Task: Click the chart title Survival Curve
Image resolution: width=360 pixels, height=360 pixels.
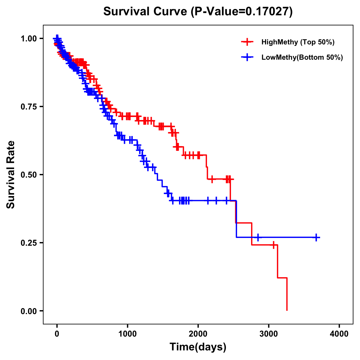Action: [x=198, y=11]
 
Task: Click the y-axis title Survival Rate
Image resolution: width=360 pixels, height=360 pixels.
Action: [x=11, y=175]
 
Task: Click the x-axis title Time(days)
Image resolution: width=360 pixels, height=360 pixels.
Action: [x=198, y=347]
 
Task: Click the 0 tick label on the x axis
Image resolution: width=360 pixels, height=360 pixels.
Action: [x=57, y=334]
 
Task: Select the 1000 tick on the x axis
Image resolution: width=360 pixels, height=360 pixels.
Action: [x=127, y=334]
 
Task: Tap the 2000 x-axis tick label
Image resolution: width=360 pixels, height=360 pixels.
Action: [x=198, y=334]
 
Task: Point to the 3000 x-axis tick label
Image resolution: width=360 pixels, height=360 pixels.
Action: [x=269, y=334]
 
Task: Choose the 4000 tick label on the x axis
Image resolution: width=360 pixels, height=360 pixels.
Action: [x=339, y=334]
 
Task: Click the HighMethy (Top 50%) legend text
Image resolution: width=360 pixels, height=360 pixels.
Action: [x=298, y=42]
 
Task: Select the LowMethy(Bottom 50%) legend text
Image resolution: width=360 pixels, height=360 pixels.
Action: [x=302, y=57]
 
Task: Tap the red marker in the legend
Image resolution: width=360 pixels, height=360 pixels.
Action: [x=247, y=42]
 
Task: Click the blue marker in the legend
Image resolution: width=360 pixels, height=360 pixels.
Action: [x=247, y=57]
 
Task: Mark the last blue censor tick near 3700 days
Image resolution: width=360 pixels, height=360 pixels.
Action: [x=316, y=237]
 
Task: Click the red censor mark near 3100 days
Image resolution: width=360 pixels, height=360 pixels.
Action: [x=273, y=245]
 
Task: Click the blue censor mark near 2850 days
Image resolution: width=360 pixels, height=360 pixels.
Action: [x=257, y=237]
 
